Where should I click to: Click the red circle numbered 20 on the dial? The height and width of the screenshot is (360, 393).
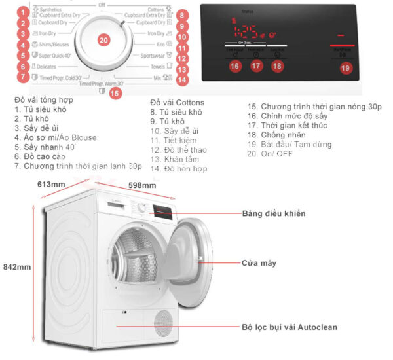coord(103,40)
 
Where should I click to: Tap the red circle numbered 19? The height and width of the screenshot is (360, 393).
coord(345,67)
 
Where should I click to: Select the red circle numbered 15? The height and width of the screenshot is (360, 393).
coord(115,93)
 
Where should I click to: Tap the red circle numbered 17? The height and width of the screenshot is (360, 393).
coord(255,65)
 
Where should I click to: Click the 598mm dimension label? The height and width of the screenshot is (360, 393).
coord(142,185)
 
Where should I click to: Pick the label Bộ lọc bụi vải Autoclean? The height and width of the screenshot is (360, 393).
coord(291,326)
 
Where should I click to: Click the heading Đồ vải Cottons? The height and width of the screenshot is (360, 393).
coord(177,103)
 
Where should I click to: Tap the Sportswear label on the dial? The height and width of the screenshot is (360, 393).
coord(148,56)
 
